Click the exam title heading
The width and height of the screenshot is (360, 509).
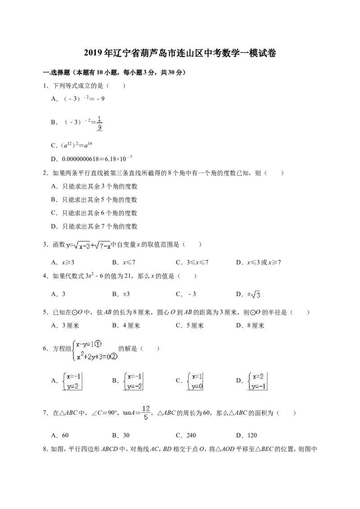(180, 53)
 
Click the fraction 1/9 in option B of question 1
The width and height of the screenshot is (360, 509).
(99, 123)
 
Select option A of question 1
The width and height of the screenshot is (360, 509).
(78, 98)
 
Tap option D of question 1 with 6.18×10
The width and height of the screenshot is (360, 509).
(92, 159)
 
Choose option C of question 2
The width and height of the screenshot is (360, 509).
(94, 213)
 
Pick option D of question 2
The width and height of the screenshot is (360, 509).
(94, 226)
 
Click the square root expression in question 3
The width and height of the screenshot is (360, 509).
(88, 246)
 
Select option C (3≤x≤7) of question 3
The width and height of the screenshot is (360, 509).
(192, 262)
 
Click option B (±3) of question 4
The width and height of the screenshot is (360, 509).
(121, 294)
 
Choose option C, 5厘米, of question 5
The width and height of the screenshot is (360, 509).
(190, 326)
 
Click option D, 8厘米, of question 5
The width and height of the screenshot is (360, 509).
(250, 326)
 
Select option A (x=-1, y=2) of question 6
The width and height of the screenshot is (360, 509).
(67, 381)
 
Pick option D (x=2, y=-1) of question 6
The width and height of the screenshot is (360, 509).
(252, 381)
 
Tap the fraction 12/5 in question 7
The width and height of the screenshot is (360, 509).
(145, 413)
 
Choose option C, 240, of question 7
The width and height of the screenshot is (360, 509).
(186, 435)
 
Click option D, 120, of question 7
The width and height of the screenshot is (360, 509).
(247, 435)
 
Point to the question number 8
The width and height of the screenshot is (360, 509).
(46, 450)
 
